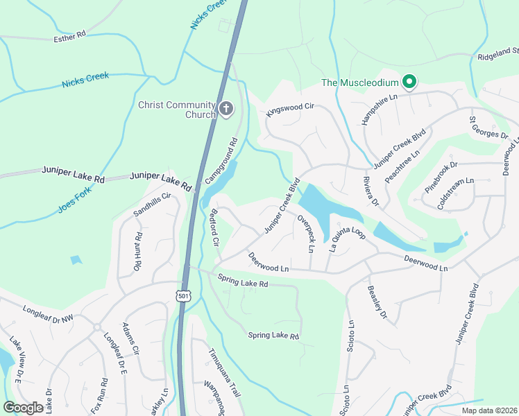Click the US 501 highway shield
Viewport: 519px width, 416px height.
182,296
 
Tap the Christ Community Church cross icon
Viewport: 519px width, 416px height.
226,108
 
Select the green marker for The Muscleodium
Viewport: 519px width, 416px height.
409,83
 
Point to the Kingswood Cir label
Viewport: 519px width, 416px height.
290,111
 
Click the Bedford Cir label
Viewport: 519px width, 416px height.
214,228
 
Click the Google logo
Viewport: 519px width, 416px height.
24,408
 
